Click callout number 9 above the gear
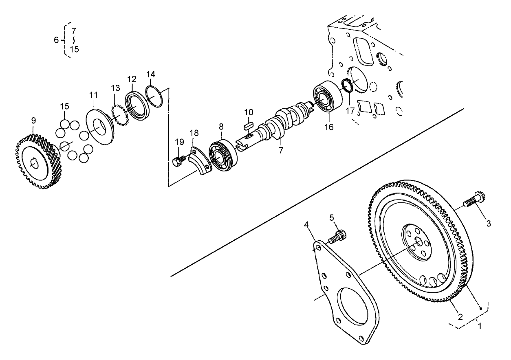point(33,121)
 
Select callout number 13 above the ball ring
point(115,88)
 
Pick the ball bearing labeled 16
point(327,98)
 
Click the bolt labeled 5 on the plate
point(338,236)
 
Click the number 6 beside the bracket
point(57,40)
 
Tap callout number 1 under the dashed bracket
point(479,326)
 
